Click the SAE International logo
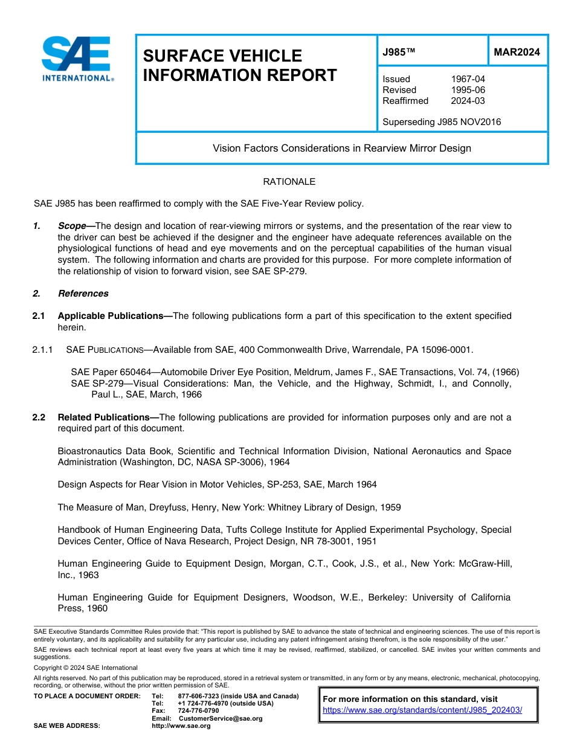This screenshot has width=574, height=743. point(77,59)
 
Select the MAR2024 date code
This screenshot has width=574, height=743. point(517,52)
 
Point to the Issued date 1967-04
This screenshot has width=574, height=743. point(468,79)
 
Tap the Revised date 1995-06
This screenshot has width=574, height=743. point(468,90)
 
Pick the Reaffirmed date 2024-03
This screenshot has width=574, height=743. point(468,101)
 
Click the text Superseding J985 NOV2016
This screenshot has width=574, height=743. point(442,122)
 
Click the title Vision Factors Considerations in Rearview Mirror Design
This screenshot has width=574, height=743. point(341,148)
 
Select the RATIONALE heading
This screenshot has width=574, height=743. point(289,182)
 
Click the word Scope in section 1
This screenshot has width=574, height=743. point(72,226)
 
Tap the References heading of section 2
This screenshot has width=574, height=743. point(83,294)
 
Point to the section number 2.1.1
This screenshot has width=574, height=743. point(43,350)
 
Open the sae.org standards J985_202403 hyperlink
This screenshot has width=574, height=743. point(422,710)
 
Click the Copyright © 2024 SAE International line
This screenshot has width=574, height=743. point(86,667)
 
